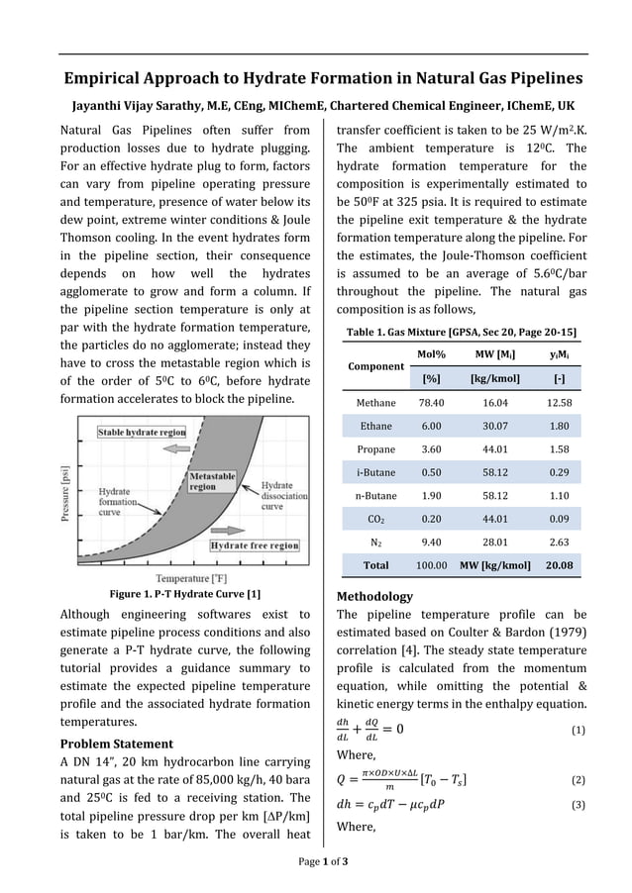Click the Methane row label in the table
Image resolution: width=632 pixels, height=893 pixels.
(375, 403)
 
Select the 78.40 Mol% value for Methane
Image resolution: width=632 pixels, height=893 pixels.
(431, 403)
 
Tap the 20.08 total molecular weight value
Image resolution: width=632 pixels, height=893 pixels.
(558, 566)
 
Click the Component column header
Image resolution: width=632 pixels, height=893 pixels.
(375, 366)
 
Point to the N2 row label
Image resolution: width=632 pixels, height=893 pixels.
(375, 542)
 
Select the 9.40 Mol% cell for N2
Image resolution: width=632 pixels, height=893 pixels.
(431, 542)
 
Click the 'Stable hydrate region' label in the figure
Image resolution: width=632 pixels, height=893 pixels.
(142, 433)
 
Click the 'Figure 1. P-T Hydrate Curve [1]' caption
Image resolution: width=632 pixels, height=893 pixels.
(184, 594)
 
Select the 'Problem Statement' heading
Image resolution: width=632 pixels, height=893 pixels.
(117, 744)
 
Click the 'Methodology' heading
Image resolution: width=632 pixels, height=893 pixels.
(374, 597)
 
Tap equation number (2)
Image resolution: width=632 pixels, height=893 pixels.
(579, 780)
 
